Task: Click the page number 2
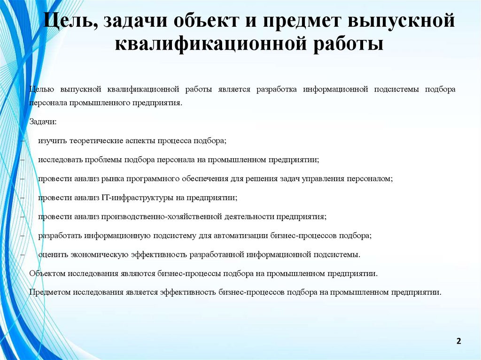[458, 340]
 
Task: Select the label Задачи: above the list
[43, 122]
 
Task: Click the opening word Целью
[42, 89]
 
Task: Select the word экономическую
[100, 254]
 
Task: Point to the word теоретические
[96, 141]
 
